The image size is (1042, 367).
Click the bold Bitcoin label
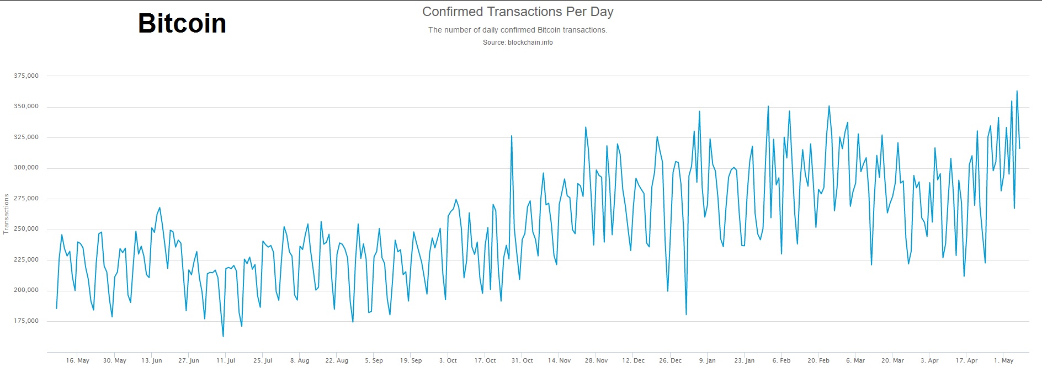tap(182, 23)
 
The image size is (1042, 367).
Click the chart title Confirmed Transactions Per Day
tap(518, 12)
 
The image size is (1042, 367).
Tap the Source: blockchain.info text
tap(518, 42)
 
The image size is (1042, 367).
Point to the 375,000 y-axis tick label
tap(26, 76)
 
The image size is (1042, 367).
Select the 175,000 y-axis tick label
tap(26, 321)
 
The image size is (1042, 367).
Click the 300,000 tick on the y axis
tap(26, 168)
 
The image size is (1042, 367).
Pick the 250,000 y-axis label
tap(26, 229)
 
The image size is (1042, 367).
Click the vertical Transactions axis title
tap(7, 214)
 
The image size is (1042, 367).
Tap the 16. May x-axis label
tap(77, 360)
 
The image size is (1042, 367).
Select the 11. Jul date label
tap(225, 360)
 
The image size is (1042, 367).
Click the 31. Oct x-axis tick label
tap(522, 360)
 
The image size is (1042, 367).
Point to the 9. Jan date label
tap(707, 360)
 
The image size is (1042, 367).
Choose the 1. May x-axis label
tap(1003, 360)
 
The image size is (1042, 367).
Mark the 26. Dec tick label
tap(670, 360)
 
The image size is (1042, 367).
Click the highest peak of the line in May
tap(1017, 91)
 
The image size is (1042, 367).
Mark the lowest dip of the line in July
tap(223, 336)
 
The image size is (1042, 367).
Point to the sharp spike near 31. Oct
tap(512, 136)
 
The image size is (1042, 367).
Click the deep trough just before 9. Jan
tap(686, 315)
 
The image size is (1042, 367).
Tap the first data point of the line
tap(56, 308)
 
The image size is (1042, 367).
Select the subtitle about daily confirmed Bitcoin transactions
tap(518, 30)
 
